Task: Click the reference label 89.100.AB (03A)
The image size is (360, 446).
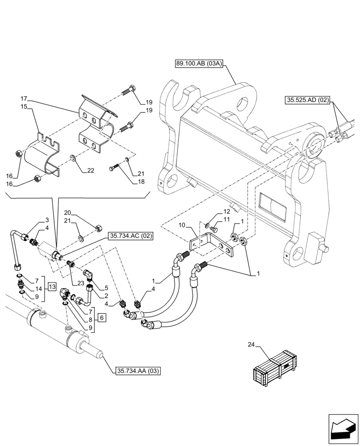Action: [x=198, y=64]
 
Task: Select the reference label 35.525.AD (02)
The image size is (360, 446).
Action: [x=305, y=101]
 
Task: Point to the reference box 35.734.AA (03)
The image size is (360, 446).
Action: [x=138, y=371]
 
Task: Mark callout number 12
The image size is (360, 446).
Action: [x=226, y=211]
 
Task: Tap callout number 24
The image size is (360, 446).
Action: [x=250, y=344]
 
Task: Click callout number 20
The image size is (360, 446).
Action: [x=67, y=212]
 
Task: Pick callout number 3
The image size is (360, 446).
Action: [x=46, y=220]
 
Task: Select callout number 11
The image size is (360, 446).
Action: [x=226, y=220]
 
